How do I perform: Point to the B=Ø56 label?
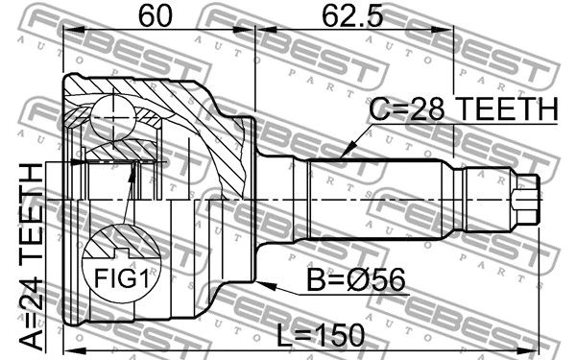(355, 280)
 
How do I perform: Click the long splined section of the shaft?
(379, 199)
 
